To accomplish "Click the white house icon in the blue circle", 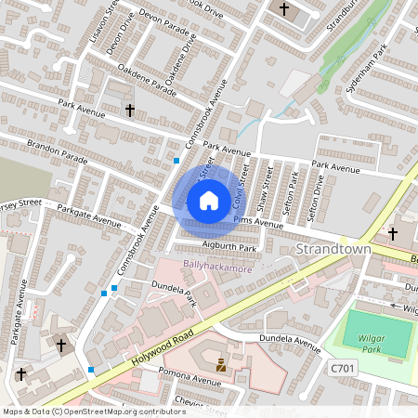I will (208, 201).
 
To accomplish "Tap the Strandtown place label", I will (333, 251).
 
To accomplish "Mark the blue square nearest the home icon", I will (176, 161).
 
